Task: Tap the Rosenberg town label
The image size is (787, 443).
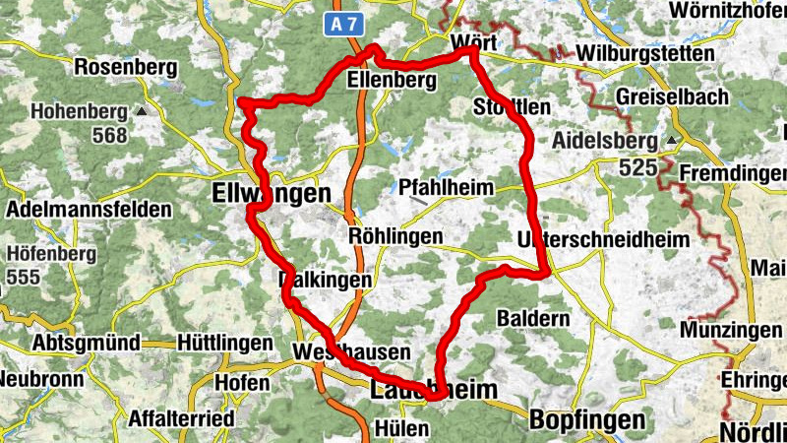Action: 125,68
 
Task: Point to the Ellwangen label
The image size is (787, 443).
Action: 272,195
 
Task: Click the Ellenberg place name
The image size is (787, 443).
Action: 391,85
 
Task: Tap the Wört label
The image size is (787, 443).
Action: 473,42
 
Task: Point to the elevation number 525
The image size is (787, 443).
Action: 638,168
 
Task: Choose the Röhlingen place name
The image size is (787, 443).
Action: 395,237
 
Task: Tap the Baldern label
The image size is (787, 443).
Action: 533,319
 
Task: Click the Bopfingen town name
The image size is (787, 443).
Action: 587,420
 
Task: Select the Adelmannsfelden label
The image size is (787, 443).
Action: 89,210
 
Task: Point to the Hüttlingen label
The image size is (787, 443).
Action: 225,343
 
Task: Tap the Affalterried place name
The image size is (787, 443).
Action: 182,419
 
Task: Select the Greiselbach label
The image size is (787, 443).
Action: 673,96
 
